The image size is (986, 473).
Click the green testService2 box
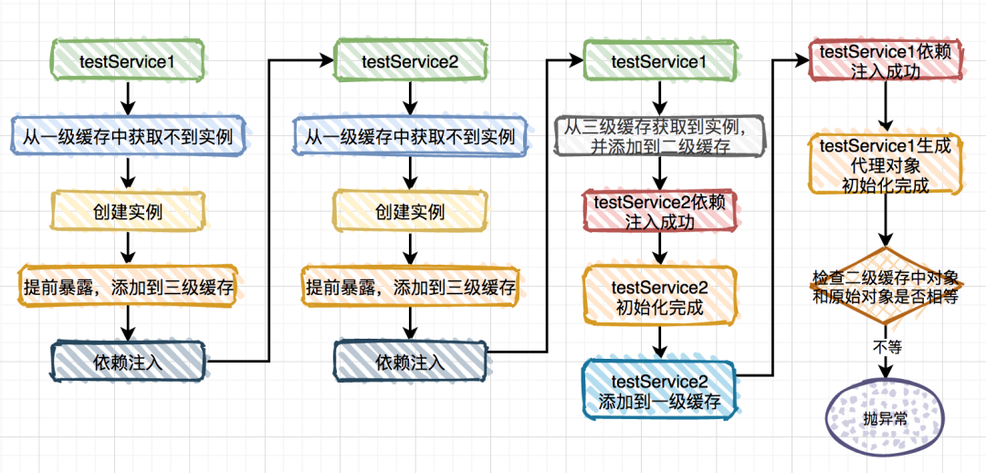(x=409, y=61)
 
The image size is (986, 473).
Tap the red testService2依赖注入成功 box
(x=659, y=210)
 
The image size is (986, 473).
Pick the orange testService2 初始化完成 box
(x=659, y=298)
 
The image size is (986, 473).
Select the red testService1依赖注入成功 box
(x=885, y=61)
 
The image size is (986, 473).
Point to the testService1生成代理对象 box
(x=885, y=164)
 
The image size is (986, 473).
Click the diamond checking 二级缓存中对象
(x=885, y=288)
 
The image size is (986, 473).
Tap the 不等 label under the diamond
(x=885, y=347)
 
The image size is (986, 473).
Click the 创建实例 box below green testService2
(x=409, y=211)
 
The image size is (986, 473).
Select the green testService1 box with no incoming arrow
(x=128, y=61)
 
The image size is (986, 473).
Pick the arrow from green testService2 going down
(x=409, y=96)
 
